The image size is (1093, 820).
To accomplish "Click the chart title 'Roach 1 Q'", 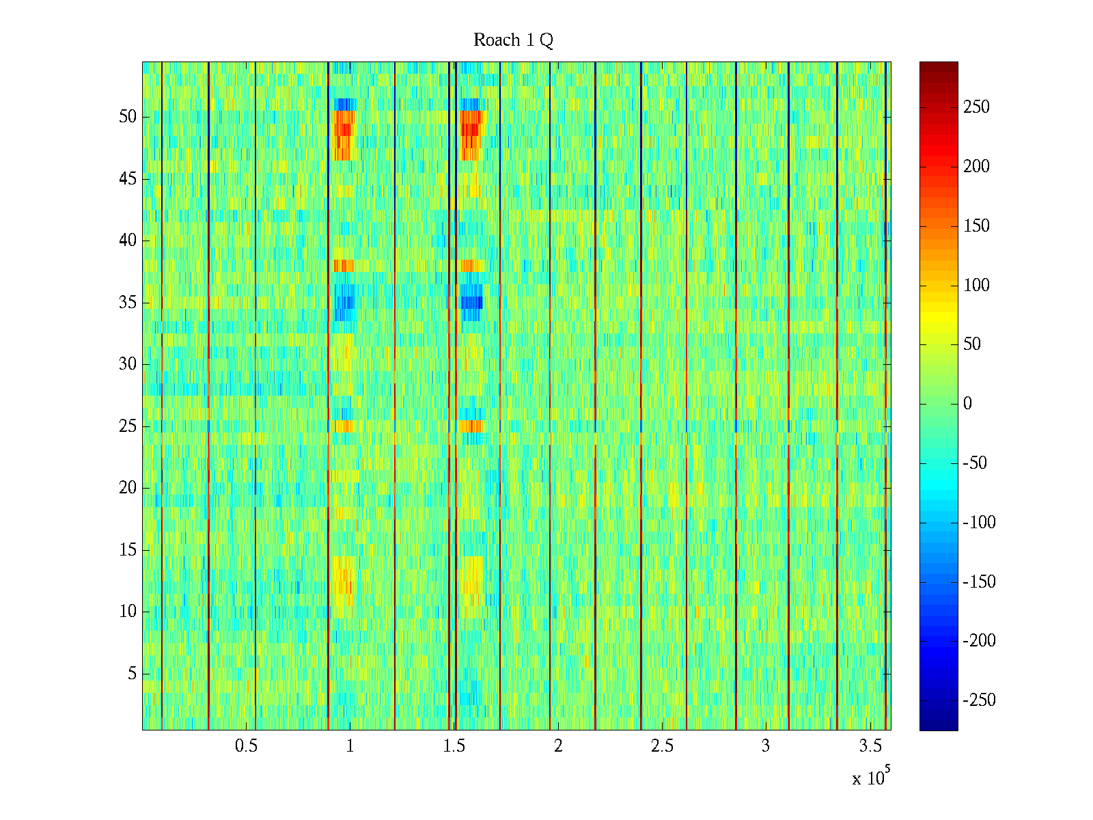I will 513,40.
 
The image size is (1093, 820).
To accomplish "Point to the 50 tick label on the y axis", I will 128,117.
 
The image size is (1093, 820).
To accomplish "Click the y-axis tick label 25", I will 128,426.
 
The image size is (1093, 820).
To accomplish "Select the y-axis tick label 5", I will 132,674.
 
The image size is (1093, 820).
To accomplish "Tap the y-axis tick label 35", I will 128,303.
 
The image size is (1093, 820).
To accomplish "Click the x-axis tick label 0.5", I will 246,746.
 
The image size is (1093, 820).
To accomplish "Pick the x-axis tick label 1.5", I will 454,746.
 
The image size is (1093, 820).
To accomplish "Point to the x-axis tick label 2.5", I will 662,746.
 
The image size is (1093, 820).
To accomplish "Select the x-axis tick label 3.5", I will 870,746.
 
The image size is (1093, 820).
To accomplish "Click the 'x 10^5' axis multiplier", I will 871,778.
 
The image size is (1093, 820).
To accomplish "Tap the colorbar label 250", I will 976,107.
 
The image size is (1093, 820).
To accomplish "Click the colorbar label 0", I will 967,404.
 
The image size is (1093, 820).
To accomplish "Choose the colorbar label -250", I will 979,700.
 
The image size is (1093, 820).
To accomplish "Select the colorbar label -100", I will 979,523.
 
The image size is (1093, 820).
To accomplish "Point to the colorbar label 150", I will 976,226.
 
